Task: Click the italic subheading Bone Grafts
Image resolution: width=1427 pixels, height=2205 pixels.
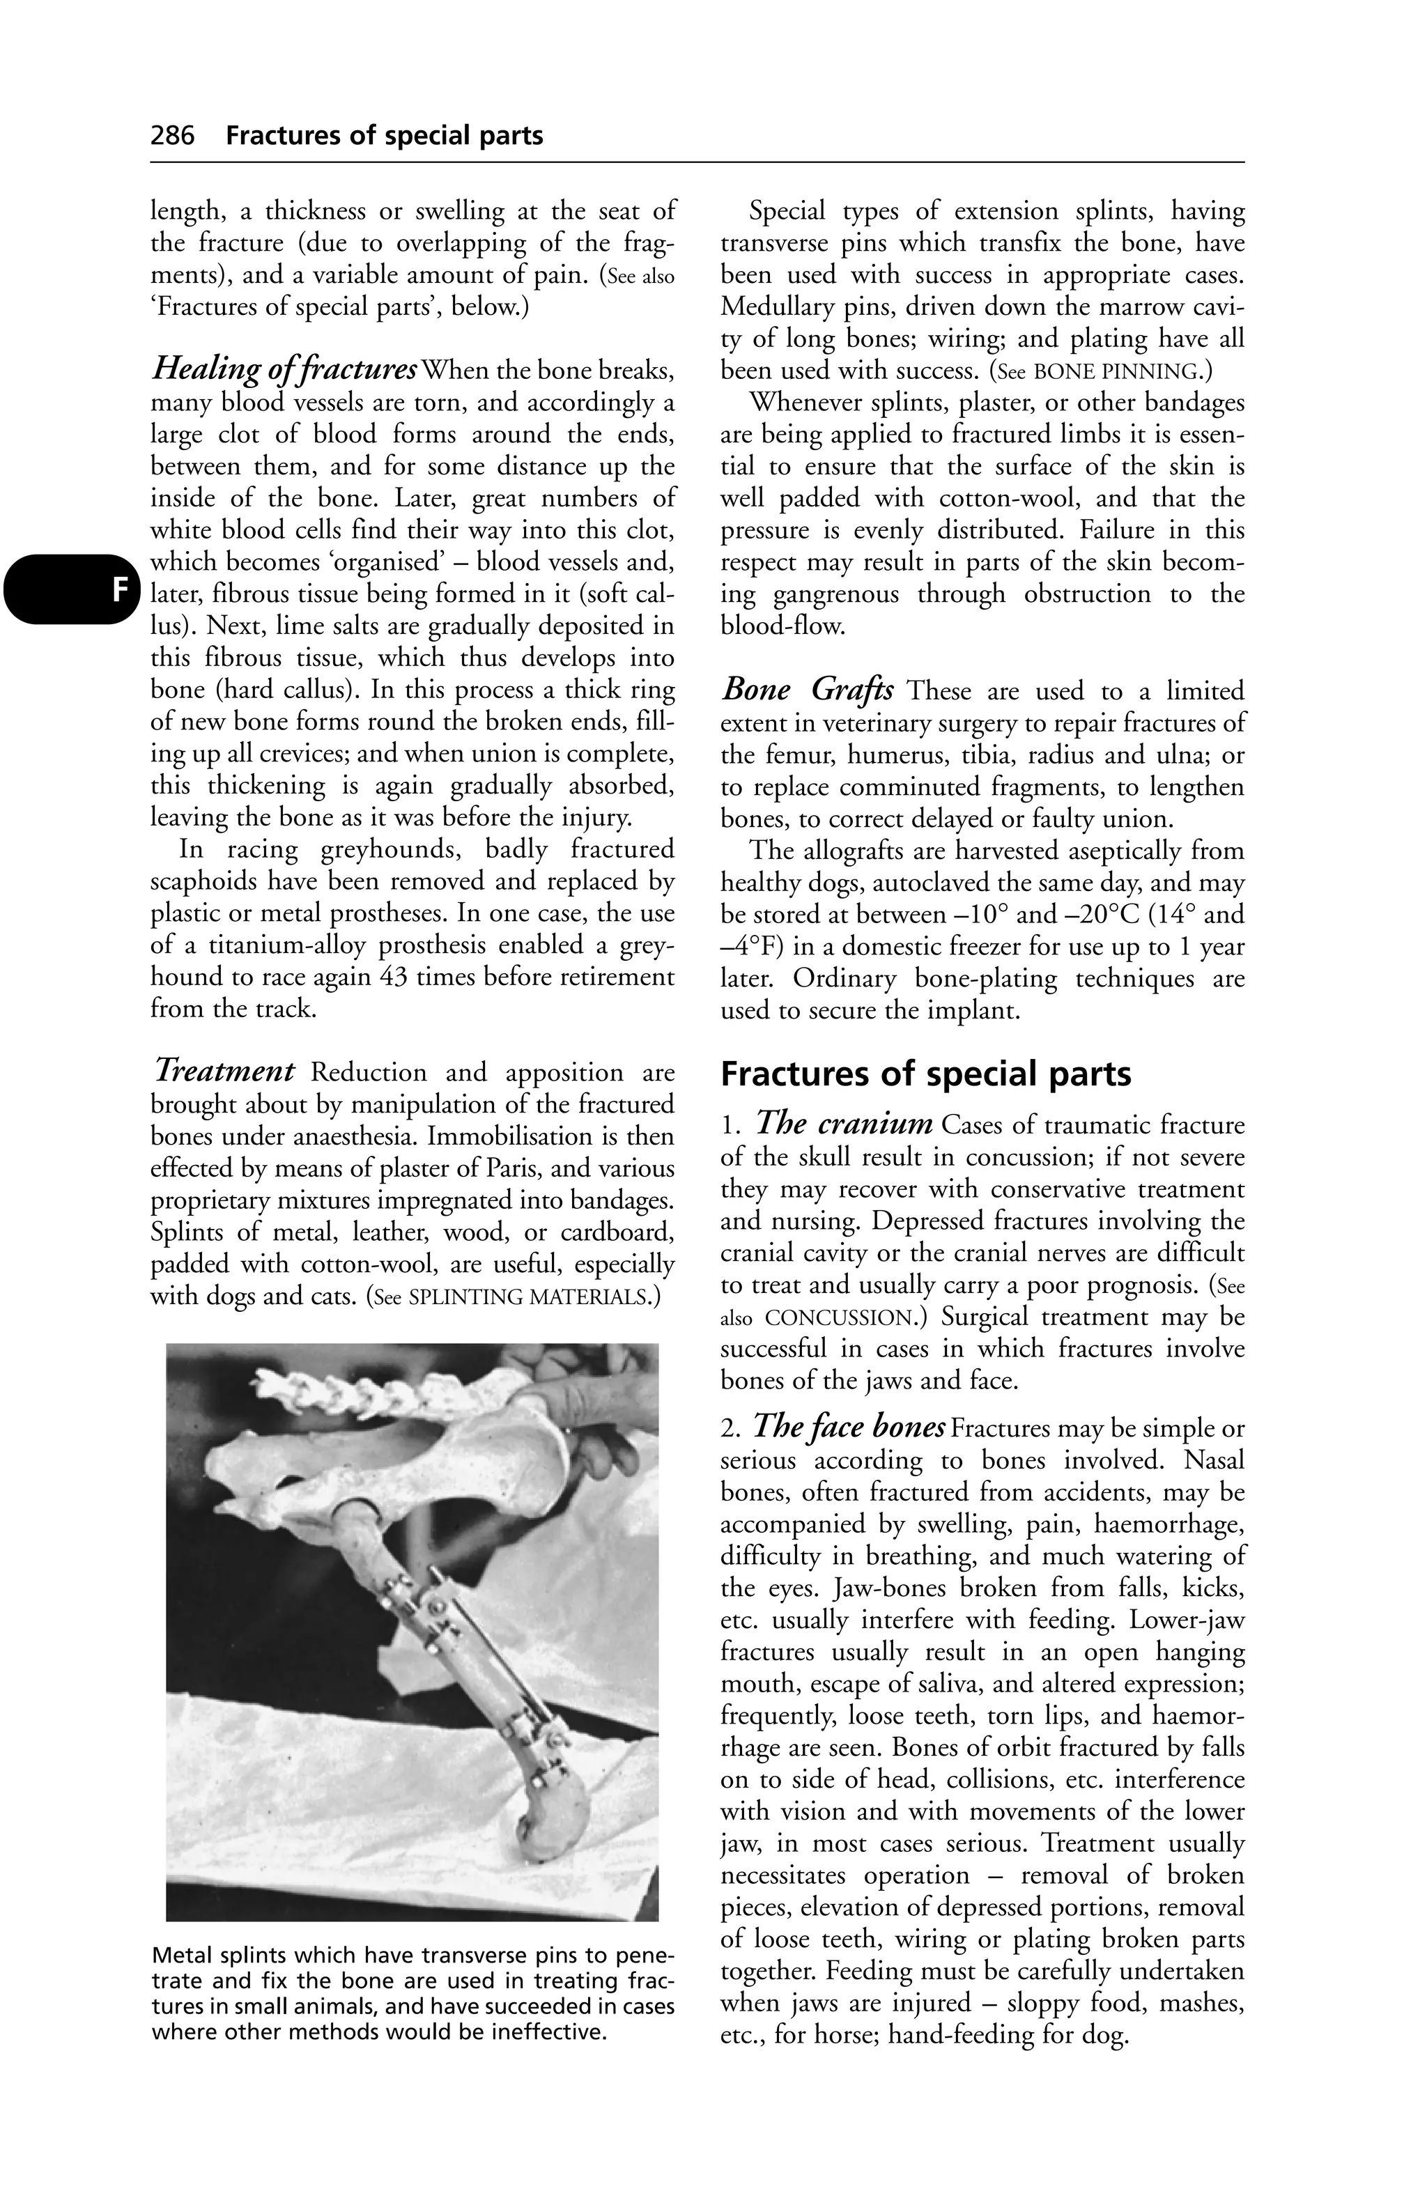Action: point(807,690)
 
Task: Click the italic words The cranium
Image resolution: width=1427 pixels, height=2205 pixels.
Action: point(844,1124)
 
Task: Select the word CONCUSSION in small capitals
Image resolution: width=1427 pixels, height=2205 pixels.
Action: point(840,1317)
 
